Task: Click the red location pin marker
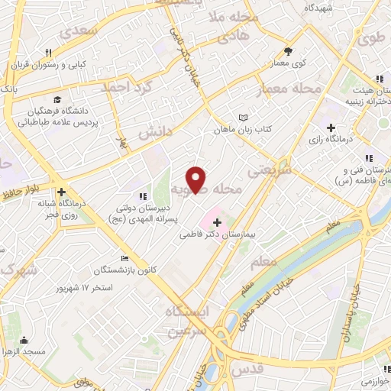click(x=197, y=178)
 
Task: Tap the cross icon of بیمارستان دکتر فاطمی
click(x=218, y=223)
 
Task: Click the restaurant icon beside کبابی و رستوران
click(x=47, y=53)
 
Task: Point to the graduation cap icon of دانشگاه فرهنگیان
click(x=57, y=100)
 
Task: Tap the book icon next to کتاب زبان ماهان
click(x=243, y=118)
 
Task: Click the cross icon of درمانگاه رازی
click(x=330, y=128)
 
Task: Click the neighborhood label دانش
click(x=156, y=131)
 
